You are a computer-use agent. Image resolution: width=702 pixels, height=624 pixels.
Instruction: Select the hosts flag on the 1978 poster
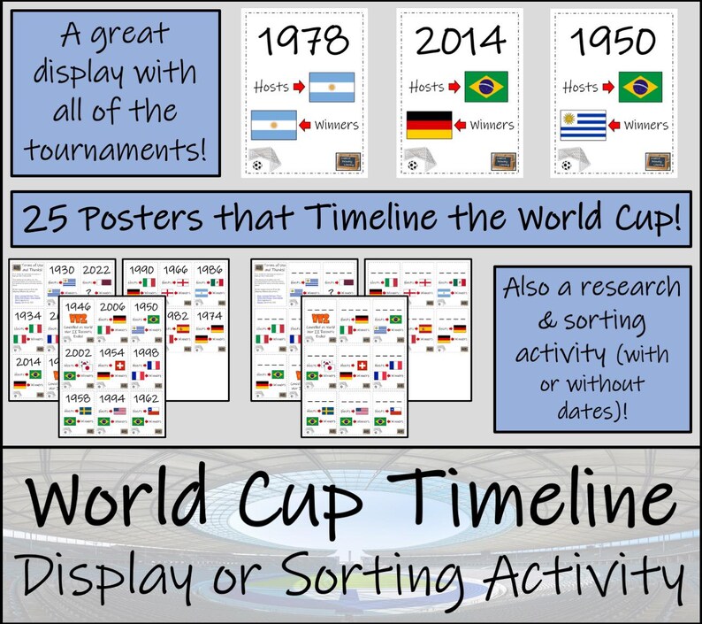pos(332,87)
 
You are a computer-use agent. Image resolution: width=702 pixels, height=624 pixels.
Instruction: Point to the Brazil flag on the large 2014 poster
pos(486,87)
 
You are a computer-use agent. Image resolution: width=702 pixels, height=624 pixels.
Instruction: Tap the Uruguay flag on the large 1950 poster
pos(583,126)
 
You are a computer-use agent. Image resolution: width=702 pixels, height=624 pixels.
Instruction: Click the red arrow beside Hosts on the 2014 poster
pos(453,88)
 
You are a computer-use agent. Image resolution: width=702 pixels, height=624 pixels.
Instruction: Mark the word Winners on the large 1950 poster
pos(647,126)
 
